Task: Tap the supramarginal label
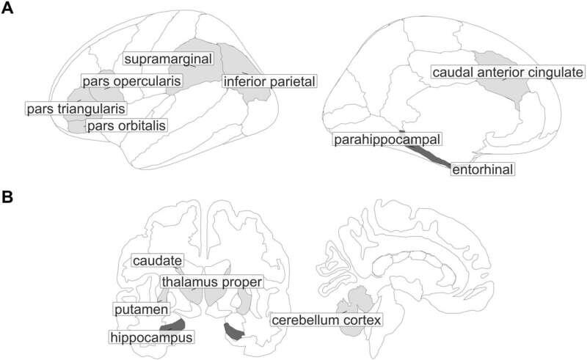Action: pos(167,58)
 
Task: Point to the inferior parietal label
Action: pos(269,80)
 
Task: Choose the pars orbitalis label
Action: pos(125,125)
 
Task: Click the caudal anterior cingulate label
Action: pos(507,73)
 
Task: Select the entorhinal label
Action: pos(481,169)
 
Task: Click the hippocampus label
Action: pos(151,337)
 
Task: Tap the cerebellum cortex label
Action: pos(327,320)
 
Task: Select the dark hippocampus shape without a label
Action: pos(234,331)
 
